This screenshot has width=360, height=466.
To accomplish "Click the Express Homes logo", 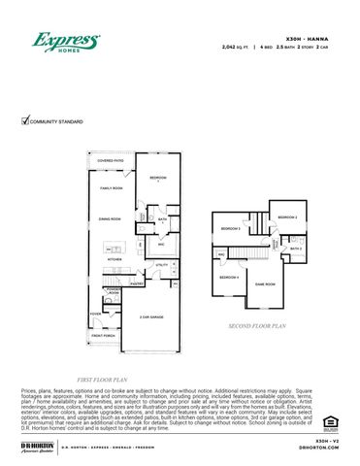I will [66, 43].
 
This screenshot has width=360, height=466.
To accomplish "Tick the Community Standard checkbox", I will [25, 120].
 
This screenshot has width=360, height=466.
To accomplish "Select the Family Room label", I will [112, 187].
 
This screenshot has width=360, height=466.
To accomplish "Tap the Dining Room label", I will [108, 219].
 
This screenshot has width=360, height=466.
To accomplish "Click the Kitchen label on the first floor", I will [115, 260].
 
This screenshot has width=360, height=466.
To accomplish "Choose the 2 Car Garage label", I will [150, 316].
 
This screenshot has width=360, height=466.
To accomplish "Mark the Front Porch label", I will [105, 336].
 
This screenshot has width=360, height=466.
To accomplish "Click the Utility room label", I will [162, 264].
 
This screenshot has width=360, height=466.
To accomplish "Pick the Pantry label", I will [137, 283].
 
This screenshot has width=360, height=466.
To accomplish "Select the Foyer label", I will [96, 314].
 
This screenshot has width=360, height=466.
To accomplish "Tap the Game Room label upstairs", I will [265, 283].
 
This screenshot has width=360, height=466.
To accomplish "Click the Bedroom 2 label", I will [287, 216].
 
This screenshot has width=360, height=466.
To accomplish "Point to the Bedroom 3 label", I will [230, 228].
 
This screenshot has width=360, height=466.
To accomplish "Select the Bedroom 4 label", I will [228, 278].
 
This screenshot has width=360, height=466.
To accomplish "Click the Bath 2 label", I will [296, 249].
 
